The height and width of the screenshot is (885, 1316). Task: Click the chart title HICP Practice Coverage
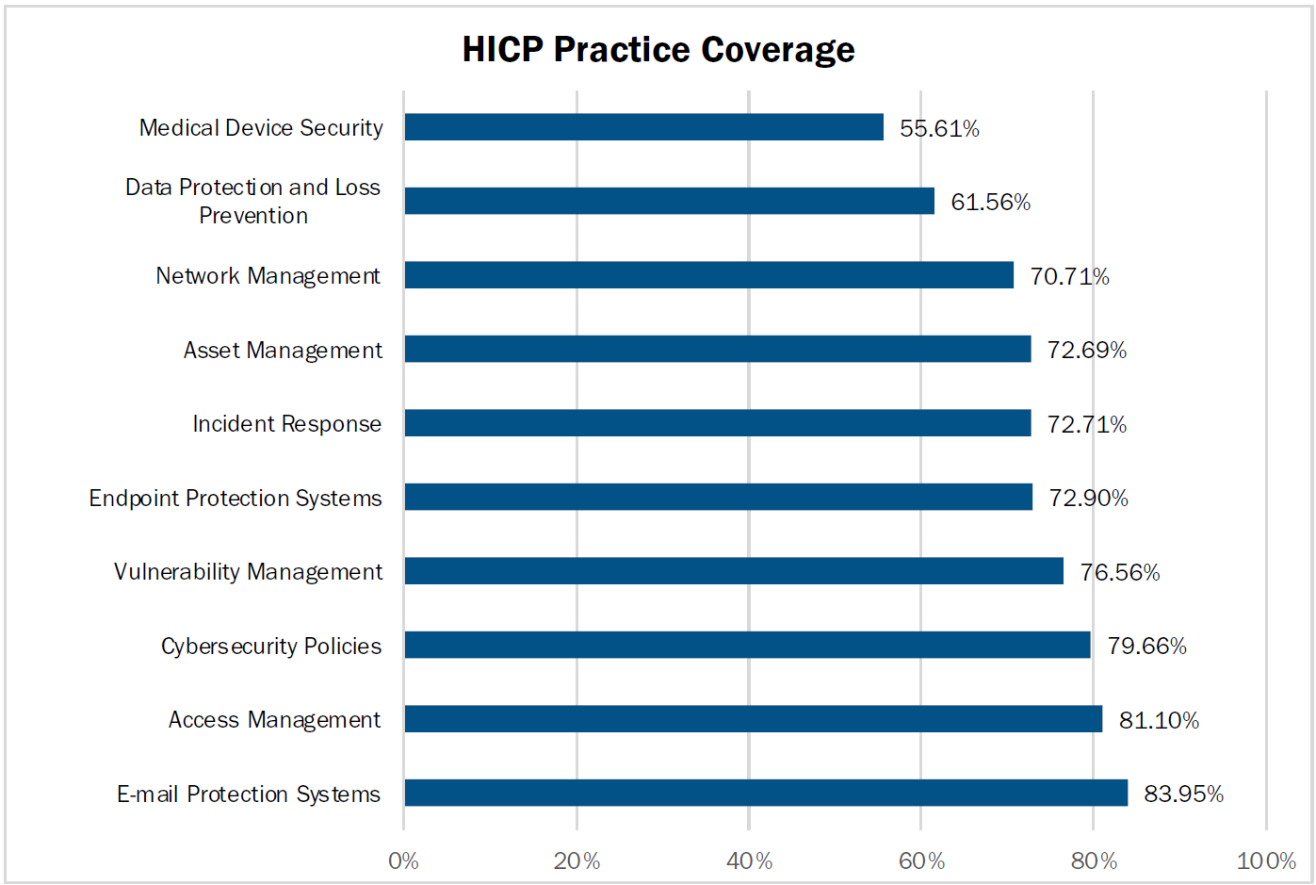(658, 50)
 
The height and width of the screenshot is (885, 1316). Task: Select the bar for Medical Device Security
(643, 127)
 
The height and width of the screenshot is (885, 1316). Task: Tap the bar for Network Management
(708, 275)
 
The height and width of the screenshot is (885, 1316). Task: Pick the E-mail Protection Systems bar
(765, 793)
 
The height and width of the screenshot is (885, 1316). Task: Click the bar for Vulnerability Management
(733, 571)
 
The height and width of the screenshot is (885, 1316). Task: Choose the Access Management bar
(753, 719)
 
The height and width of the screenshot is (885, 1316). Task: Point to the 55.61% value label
(939, 128)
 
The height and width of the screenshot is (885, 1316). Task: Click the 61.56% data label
(990, 202)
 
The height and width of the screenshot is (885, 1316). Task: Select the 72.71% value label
(1086, 424)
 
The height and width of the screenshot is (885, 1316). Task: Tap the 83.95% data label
(1183, 794)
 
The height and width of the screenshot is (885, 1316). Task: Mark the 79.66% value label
(1146, 646)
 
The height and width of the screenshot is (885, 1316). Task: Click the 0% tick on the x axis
(403, 860)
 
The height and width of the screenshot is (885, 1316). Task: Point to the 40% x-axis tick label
(749, 860)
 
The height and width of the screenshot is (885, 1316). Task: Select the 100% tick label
(1265, 860)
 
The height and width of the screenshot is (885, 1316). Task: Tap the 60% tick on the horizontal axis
(921, 860)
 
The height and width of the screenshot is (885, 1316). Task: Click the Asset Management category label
(283, 351)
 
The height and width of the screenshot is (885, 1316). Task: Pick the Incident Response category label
(286, 424)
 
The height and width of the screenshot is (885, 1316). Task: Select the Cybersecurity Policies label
(271, 646)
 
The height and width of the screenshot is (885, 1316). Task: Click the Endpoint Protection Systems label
(236, 498)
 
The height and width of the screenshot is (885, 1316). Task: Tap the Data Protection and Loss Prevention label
(252, 201)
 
